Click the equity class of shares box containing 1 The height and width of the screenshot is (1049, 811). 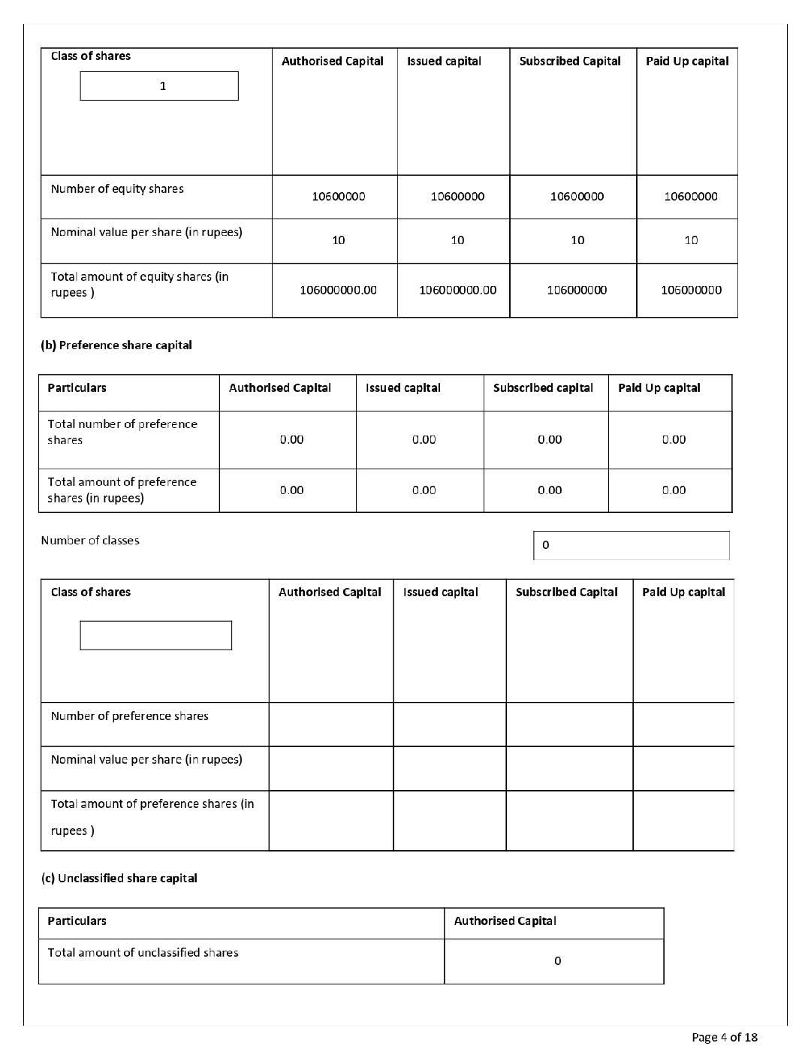pos(159,86)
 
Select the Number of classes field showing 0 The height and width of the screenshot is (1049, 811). pos(631,545)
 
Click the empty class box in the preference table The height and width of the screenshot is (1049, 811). pos(155,635)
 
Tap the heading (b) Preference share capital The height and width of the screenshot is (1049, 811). pos(116,345)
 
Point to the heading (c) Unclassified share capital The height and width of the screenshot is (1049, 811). pos(119,879)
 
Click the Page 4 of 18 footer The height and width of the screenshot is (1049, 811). pos(724,1037)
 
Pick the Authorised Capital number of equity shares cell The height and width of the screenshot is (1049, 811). pos(339,197)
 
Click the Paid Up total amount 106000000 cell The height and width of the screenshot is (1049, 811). pos(691,290)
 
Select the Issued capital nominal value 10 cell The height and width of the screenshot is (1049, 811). pos(457,240)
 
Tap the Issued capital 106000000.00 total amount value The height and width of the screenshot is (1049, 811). pos(457,290)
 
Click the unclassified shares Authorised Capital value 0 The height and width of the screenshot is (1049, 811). pos(557,961)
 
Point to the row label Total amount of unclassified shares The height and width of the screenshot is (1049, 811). pos(143,953)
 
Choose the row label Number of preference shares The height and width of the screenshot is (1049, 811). pos(129,716)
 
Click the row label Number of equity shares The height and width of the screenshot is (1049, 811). pos(117,189)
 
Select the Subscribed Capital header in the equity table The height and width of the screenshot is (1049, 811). pos(570,62)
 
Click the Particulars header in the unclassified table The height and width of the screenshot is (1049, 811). pos(77,921)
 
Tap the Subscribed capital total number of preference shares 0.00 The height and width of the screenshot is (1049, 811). pos(550,440)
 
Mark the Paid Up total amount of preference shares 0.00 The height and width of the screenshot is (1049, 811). pos(674,490)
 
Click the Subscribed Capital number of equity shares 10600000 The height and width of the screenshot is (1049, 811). pos(577,197)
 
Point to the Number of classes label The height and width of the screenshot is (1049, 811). pos(90,541)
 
